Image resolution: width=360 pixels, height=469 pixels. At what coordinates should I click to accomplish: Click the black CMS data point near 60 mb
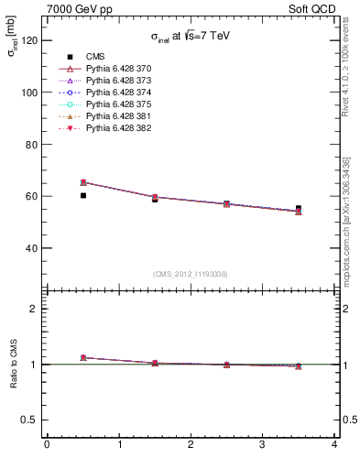pyautogui.click(x=83, y=195)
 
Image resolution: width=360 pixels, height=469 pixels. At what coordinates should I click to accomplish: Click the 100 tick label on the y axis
pyautogui.click(x=29, y=93)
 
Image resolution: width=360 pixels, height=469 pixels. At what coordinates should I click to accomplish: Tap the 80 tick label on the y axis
pyautogui.click(x=32, y=145)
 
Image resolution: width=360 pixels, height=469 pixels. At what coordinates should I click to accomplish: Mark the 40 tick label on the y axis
pyautogui.click(x=32, y=248)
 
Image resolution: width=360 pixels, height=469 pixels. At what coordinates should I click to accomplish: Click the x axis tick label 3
pyautogui.click(x=262, y=445)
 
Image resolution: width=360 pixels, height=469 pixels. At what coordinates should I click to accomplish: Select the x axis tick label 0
pyautogui.click(x=47, y=445)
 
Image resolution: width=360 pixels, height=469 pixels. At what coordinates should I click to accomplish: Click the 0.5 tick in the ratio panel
pyautogui.click(x=29, y=420)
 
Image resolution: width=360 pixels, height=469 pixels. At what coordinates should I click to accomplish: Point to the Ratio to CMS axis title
pyautogui.click(x=14, y=364)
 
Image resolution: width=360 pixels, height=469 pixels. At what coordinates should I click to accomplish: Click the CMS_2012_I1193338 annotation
pyautogui.click(x=191, y=274)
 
